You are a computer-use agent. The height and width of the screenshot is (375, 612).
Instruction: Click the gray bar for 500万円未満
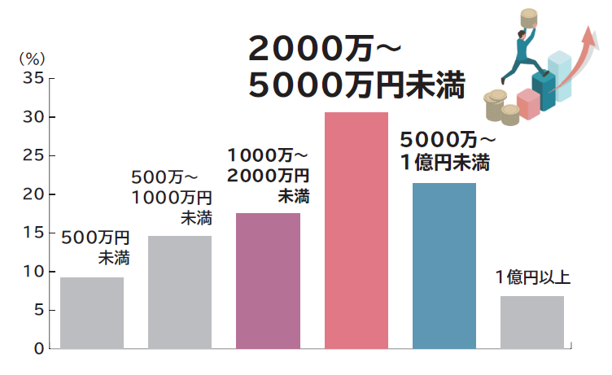click(92, 313)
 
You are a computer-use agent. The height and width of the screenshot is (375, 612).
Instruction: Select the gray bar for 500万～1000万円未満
click(180, 292)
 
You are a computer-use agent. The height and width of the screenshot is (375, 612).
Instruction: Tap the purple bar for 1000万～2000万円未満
click(268, 281)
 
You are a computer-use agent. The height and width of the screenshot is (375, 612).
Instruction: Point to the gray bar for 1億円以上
click(531, 322)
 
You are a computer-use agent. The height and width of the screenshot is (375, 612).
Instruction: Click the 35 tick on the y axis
click(33, 79)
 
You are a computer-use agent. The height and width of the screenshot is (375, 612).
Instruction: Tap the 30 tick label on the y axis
click(33, 117)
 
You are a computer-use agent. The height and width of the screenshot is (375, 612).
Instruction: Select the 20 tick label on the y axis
click(33, 194)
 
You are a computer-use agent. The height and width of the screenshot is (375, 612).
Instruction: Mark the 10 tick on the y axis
click(33, 272)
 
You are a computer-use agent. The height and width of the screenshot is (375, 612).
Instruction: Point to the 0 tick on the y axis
click(38, 349)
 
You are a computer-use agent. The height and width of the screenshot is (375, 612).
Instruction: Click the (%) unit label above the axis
click(33, 59)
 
